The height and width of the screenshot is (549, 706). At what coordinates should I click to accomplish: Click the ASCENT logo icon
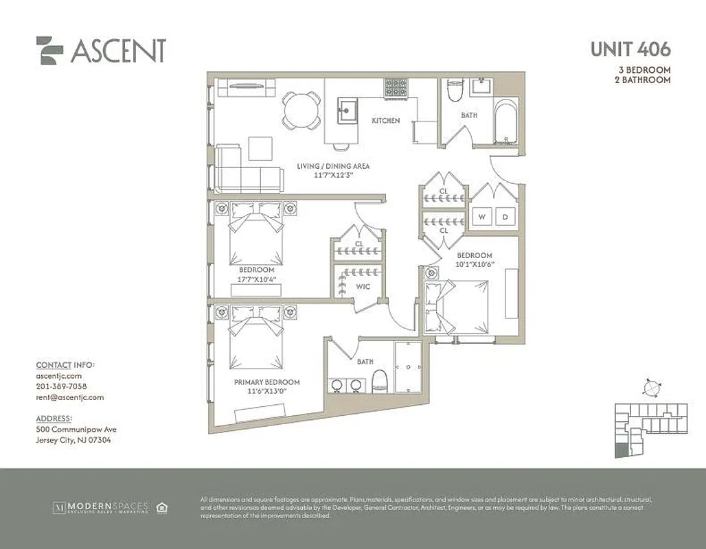click(x=49, y=50)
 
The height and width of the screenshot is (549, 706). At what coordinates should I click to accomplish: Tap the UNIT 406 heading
click(x=630, y=49)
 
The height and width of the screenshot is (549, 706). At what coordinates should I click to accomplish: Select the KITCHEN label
click(x=385, y=121)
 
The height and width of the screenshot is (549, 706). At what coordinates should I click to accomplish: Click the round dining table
click(x=302, y=110)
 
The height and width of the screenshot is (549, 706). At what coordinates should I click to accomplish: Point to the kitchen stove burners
click(x=396, y=87)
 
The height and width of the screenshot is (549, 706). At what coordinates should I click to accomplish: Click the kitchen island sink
click(x=348, y=109)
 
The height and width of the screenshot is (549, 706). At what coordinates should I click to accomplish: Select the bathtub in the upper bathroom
click(x=507, y=124)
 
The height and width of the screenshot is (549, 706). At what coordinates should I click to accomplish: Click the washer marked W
click(x=482, y=218)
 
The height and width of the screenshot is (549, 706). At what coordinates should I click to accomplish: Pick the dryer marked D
click(x=505, y=218)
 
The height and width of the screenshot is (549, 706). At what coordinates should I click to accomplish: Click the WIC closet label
click(x=363, y=287)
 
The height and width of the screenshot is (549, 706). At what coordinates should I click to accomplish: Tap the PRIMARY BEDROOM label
click(x=266, y=382)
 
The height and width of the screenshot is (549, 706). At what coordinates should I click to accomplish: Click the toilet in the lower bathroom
click(x=380, y=381)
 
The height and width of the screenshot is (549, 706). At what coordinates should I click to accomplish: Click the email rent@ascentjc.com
click(x=69, y=397)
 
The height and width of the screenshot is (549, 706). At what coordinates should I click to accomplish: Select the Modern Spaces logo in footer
click(x=100, y=508)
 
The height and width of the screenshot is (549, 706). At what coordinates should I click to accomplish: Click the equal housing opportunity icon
click(x=163, y=508)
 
